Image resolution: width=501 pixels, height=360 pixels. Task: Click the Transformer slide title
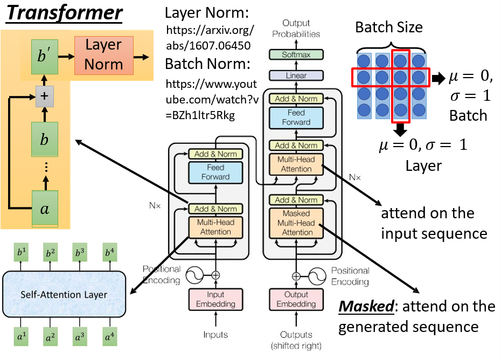tap(64, 13)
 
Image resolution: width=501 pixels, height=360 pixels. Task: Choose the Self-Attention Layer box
tap(64, 294)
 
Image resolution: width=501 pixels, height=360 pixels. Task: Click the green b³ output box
tap(80, 253)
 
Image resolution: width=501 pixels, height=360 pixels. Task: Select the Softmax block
tap(296, 54)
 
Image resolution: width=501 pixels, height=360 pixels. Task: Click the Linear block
tap(296, 76)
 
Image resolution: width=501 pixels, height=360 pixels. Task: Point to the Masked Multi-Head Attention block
tap(296, 223)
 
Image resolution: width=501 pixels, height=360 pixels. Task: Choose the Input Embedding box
tap(215, 299)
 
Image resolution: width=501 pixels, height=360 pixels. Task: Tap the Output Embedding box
tap(296, 299)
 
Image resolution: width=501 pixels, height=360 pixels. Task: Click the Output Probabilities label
tap(296, 28)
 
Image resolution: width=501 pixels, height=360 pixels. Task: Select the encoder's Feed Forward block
tap(215, 171)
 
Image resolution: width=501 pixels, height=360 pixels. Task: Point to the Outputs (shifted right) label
tap(296, 340)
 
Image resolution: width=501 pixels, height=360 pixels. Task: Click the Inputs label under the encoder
tap(215, 335)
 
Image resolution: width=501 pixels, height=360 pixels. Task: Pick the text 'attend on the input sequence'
tap(434, 223)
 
